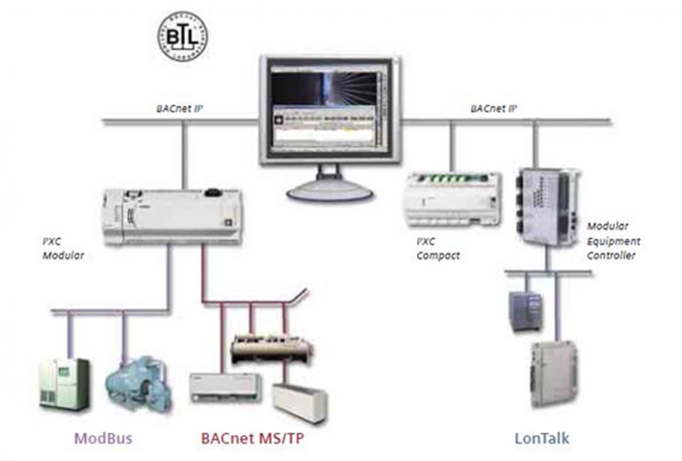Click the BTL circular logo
pos(181,36)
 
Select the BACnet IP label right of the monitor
pos(492,109)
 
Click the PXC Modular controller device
pos(173,216)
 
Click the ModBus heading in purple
pos(104,438)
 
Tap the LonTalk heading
pos(541,438)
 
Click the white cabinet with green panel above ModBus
pos(64,384)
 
